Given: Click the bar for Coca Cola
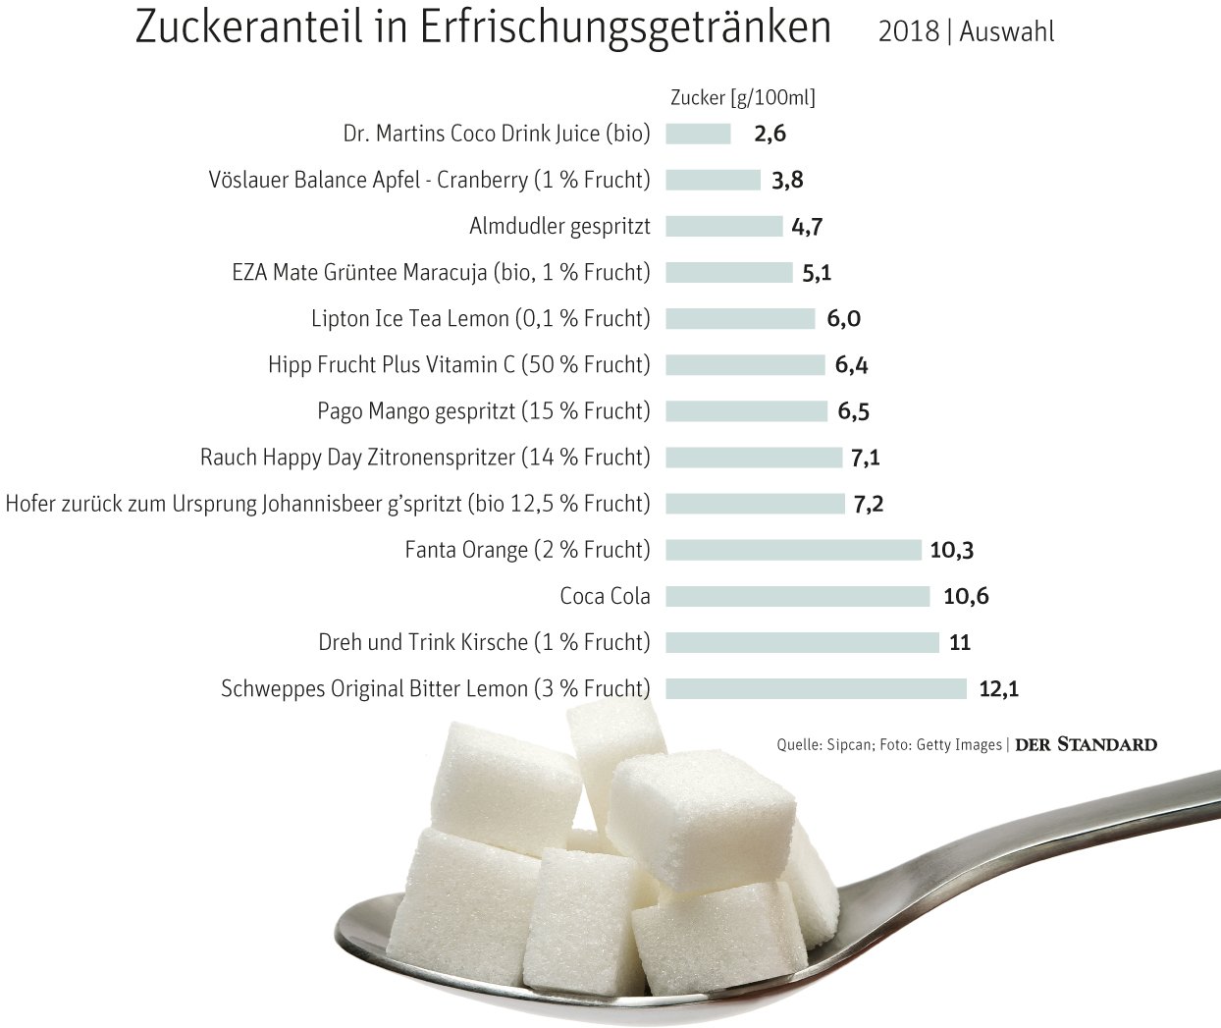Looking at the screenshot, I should click(x=797, y=596).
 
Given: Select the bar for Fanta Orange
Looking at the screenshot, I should click(x=793, y=550).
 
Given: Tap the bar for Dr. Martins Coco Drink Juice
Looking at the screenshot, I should click(x=698, y=134).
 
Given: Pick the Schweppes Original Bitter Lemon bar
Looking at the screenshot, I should click(x=816, y=688).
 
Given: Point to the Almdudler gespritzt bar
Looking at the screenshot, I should click(x=723, y=226).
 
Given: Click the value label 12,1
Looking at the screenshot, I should click(x=998, y=688).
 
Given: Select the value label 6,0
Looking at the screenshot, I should click(x=843, y=318).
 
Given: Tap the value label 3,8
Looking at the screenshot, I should click(x=787, y=180).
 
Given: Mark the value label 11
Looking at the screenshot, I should click(x=960, y=642).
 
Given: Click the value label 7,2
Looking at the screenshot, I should click(x=868, y=504).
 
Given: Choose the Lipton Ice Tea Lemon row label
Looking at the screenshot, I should click(x=480, y=318).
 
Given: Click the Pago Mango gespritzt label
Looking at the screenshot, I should click(x=483, y=410).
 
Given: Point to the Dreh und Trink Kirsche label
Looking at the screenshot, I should click(x=484, y=642).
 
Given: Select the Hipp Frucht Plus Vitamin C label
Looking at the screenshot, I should click(x=458, y=364).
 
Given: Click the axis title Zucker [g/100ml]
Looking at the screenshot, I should click(x=742, y=97).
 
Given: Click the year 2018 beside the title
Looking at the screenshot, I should click(x=908, y=31).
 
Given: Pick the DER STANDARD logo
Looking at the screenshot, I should click(x=1086, y=744).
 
